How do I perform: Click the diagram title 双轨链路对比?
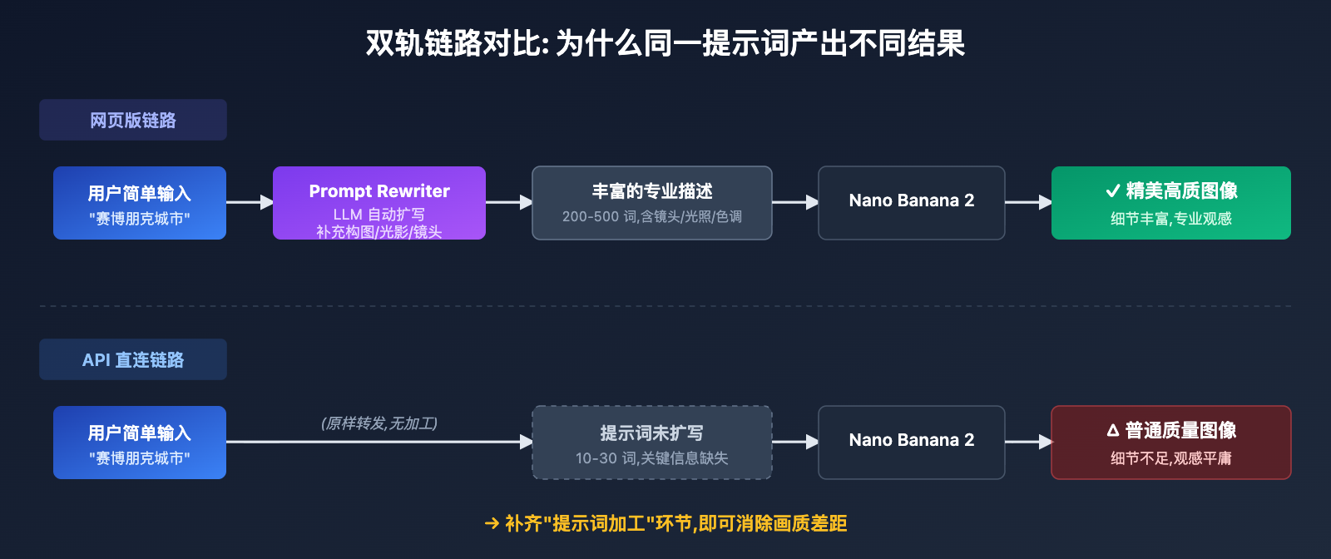[665, 43]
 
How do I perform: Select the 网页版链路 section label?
[133, 120]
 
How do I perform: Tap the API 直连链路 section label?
[133, 359]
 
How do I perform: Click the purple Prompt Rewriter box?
[379, 203]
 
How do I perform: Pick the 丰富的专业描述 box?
[652, 203]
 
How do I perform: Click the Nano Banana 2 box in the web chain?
[912, 203]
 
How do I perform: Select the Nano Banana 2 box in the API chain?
[912, 443]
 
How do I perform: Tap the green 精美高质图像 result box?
[1171, 203]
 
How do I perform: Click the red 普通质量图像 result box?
[1171, 443]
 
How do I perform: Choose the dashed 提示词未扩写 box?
[652, 443]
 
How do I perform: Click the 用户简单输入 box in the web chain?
[140, 203]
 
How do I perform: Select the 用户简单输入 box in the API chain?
[140, 443]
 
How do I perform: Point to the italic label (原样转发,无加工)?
[379, 423]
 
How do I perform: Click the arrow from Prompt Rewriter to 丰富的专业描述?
[508, 202]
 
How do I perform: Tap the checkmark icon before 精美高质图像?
[1113, 191]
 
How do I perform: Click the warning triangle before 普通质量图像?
[1113, 431]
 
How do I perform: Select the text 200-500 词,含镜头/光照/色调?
[652, 217]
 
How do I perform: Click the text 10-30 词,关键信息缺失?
[652, 458]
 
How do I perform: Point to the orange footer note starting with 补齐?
[665, 523]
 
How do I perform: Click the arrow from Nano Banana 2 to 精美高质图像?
[1028, 202]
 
